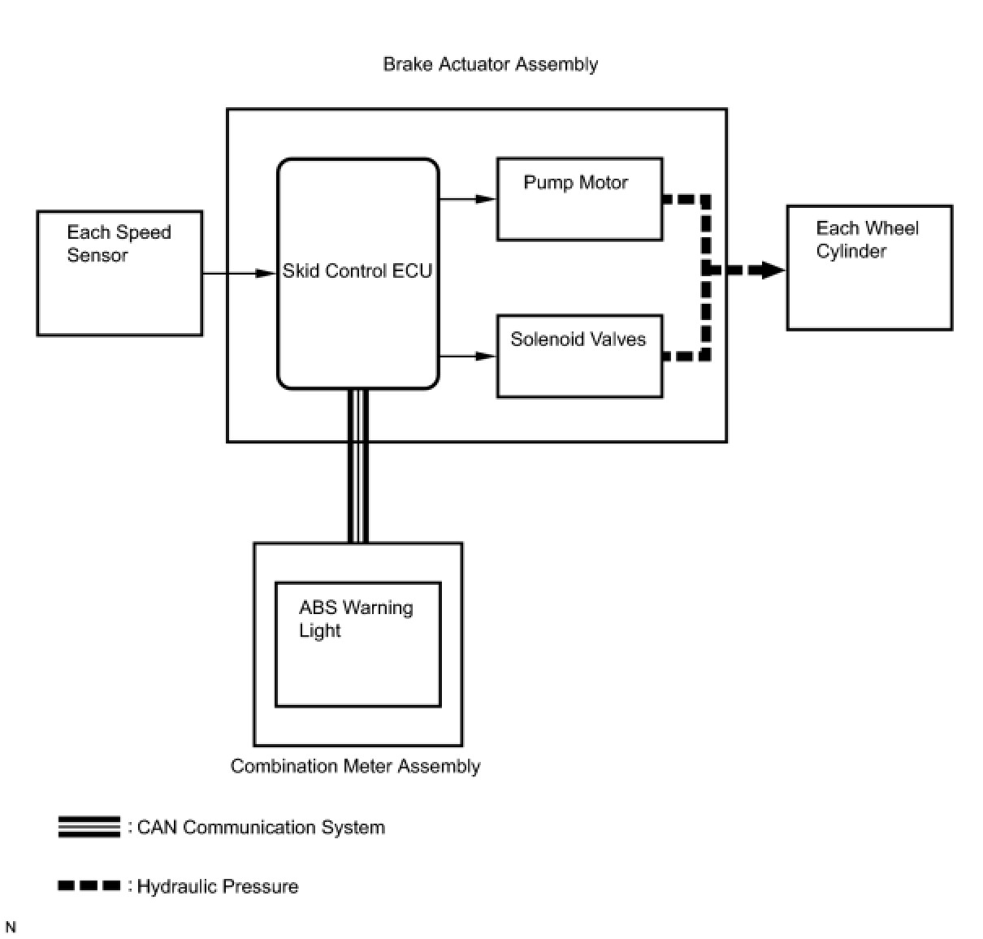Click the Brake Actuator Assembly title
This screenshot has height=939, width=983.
click(490, 65)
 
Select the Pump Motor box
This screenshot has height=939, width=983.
click(579, 199)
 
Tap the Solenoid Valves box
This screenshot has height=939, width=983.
click(579, 356)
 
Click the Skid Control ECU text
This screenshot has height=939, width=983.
click(357, 270)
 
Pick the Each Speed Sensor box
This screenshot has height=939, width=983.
click(119, 273)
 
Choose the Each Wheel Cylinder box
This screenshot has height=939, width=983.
click(869, 268)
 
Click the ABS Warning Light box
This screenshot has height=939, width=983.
click(358, 644)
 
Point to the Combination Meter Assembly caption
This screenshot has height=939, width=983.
click(355, 766)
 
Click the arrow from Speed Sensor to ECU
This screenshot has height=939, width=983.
click(239, 273)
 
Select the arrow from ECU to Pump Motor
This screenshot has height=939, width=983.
click(468, 199)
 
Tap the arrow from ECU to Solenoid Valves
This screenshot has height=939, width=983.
click(468, 356)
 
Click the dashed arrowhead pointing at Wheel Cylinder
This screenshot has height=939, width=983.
click(773, 270)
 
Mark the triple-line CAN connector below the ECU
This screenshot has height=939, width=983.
click(357, 465)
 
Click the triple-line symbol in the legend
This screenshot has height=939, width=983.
click(89, 827)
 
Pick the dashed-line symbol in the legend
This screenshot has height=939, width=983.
click(89, 885)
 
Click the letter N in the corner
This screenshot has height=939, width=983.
click(11, 927)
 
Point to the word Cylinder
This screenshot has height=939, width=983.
click(851, 252)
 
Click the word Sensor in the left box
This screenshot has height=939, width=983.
click(97, 255)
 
